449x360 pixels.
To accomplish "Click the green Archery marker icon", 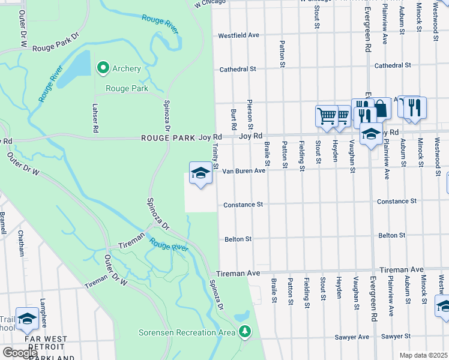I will tap(103, 68).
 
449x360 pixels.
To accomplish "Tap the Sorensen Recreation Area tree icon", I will tap(244, 331).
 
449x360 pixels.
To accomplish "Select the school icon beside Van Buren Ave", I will tap(200, 173).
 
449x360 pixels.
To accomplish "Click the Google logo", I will tap(20, 353).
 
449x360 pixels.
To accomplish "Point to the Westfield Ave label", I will tap(238, 35).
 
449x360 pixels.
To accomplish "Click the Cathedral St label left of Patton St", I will tap(238, 70).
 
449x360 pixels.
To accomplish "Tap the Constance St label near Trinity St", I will tap(243, 205).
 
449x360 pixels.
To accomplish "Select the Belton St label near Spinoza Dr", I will tap(238, 239).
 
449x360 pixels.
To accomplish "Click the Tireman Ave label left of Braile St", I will tap(240, 273).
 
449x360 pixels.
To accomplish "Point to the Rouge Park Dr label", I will tap(56, 47).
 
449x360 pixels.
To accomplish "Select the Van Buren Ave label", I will tap(244, 171).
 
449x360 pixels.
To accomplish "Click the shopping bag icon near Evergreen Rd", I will tap(381, 109).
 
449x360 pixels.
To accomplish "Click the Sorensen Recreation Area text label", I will tap(187, 332).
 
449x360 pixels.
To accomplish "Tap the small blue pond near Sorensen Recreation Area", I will tap(242, 316).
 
